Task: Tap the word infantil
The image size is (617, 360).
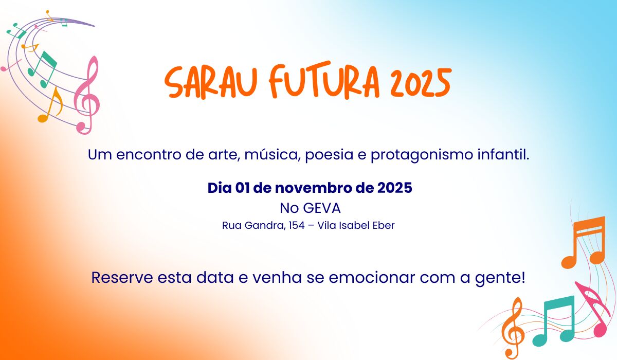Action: click(503, 154)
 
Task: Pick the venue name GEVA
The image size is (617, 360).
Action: click(322, 208)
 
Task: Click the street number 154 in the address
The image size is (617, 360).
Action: click(297, 226)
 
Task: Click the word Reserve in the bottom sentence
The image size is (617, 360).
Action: click(122, 277)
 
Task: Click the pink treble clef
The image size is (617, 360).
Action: click(86, 95)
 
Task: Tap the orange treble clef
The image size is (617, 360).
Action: click(512, 328)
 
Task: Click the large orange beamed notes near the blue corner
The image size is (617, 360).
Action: click(584, 242)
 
